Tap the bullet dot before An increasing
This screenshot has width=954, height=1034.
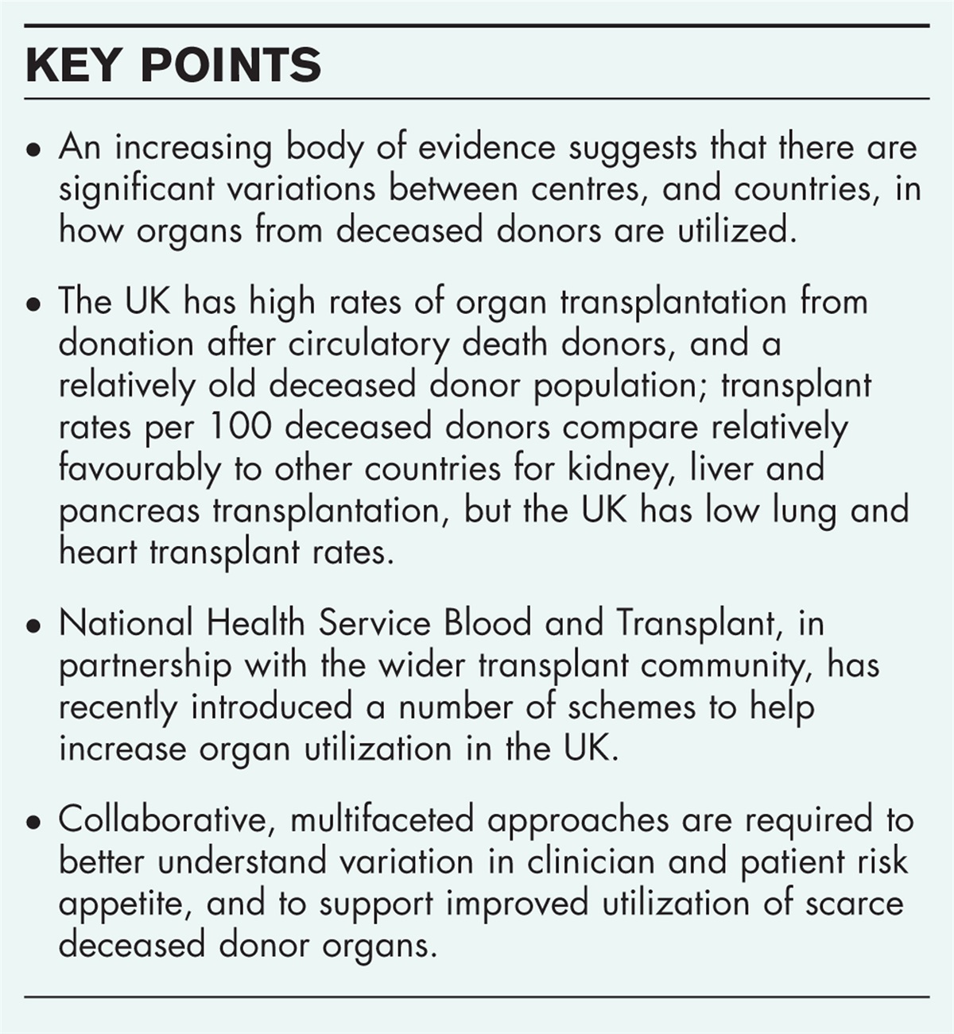[33, 151]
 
